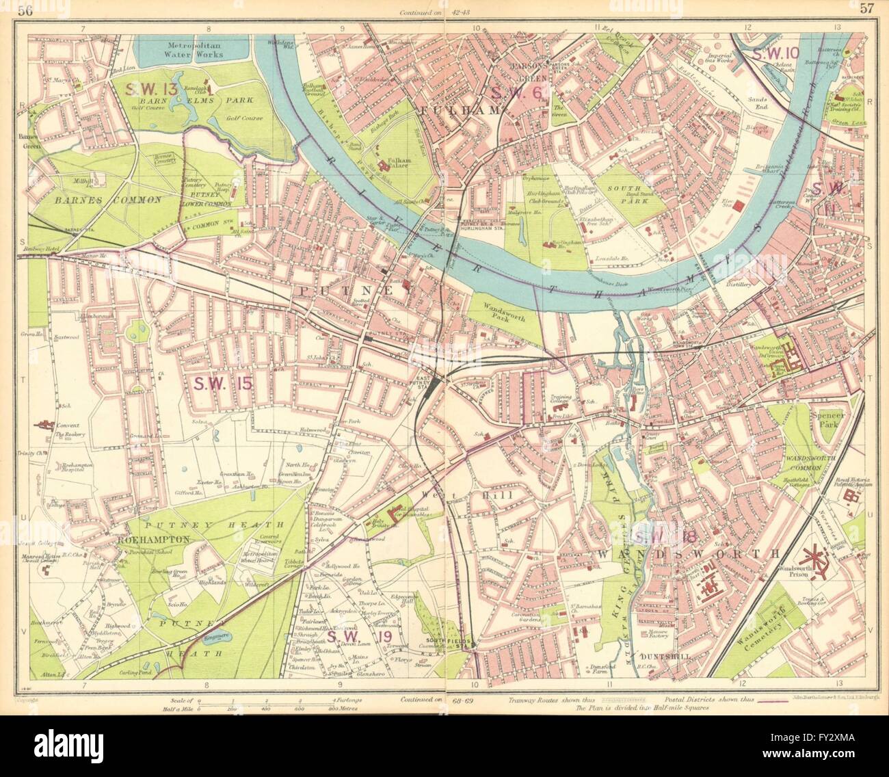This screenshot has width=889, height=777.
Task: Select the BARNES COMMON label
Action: [x=109, y=200]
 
